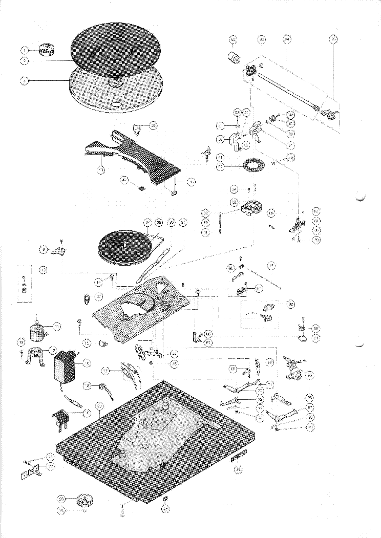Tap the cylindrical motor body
pos(37,330)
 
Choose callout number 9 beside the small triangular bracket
pos(44,249)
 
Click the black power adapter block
pos(65,366)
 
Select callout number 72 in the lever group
pos(261,390)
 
